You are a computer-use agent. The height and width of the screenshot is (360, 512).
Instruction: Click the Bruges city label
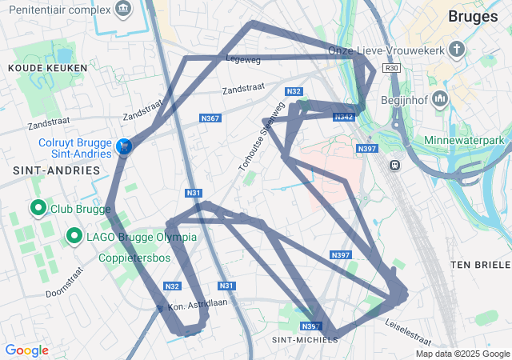(x=473, y=16)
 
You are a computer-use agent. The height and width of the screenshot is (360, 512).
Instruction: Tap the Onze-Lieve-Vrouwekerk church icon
(x=457, y=50)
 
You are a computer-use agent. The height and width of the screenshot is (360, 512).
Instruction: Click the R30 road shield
(x=391, y=69)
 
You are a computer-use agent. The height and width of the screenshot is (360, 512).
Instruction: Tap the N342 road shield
(x=345, y=117)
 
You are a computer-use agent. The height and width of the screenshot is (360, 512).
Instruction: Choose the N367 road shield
(x=210, y=118)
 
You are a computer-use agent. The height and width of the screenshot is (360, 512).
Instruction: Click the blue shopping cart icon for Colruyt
(x=124, y=146)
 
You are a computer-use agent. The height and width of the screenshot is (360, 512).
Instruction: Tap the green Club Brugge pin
(x=38, y=209)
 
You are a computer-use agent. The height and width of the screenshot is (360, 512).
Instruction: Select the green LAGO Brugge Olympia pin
(x=74, y=236)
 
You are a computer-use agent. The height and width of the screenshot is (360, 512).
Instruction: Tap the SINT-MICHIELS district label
(x=305, y=339)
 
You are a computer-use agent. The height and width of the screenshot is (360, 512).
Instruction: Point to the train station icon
(x=394, y=165)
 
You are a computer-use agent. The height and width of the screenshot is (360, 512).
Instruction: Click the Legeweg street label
(x=244, y=59)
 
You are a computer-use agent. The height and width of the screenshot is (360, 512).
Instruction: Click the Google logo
(x=26, y=350)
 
